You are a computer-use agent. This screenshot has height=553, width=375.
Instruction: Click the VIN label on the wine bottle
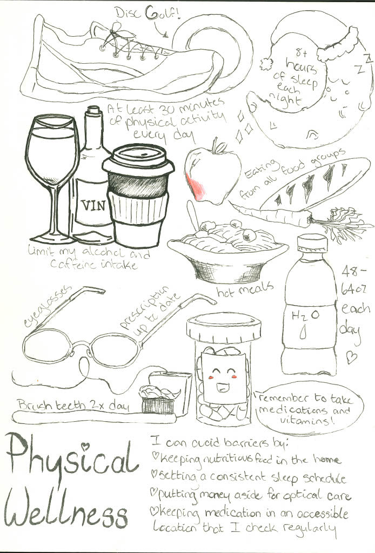click(93, 205)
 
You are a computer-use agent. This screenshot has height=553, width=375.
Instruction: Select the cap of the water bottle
click(312, 244)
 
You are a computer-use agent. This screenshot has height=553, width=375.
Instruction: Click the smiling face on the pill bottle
click(223, 380)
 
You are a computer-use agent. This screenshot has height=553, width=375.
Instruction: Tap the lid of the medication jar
click(224, 328)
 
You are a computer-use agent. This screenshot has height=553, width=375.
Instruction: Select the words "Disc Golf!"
click(149, 14)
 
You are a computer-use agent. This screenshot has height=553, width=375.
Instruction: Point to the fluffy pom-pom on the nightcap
click(267, 64)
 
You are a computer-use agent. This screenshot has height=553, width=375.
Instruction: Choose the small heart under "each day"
click(351, 358)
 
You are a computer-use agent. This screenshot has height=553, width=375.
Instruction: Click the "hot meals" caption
click(245, 289)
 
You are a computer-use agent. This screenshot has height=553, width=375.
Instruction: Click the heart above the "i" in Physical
click(85, 446)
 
